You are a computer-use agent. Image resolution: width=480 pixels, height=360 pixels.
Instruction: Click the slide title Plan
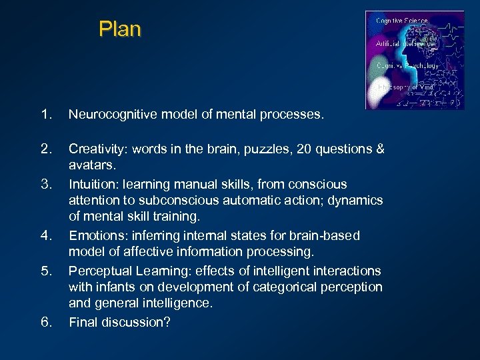point(120,29)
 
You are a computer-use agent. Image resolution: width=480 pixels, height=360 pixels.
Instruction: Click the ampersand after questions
point(380,149)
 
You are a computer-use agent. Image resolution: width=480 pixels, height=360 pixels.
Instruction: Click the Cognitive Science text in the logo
point(401,21)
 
